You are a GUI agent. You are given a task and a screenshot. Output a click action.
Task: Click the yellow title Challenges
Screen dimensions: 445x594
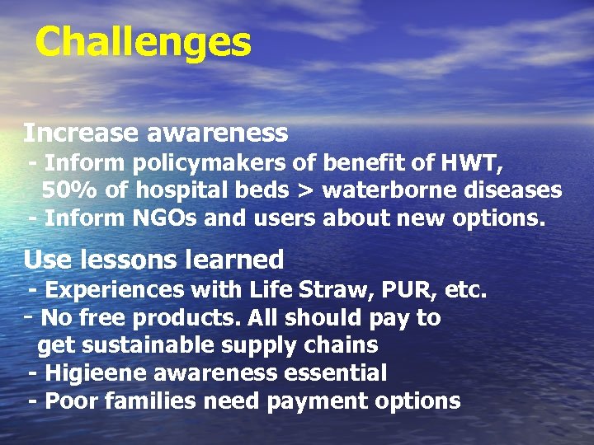pyautogui.click(x=143, y=42)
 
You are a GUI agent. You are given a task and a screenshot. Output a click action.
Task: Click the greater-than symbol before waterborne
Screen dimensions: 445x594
pyautogui.click(x=305, y=191)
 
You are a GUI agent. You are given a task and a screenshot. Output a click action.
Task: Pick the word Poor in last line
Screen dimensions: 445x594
pyautogui.click(x=69, y=401)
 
